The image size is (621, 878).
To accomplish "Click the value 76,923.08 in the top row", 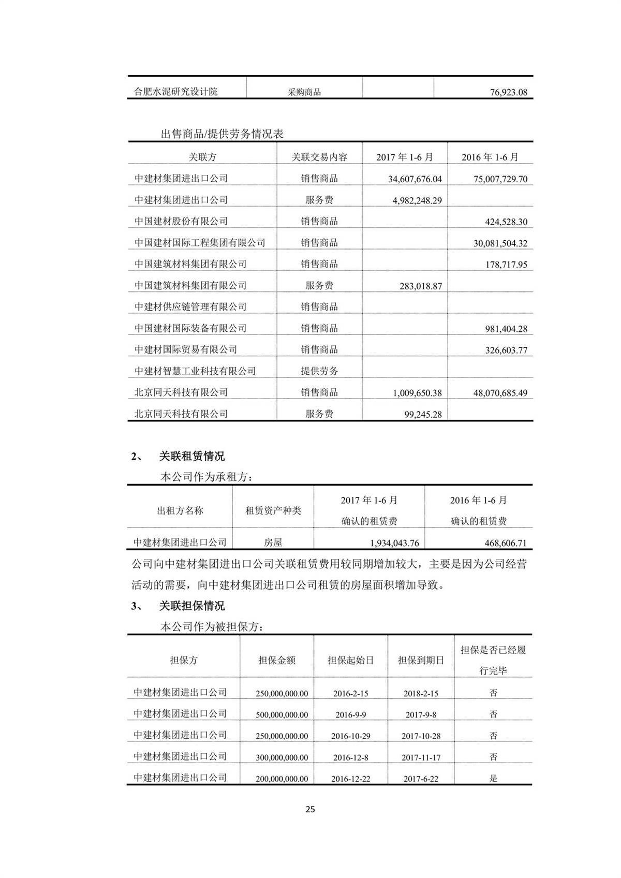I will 508,93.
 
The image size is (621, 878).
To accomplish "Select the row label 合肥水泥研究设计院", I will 176,92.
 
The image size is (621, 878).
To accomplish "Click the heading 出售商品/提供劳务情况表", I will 222,134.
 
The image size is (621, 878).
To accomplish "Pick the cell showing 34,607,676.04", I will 415,179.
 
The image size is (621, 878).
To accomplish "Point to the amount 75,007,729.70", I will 500,179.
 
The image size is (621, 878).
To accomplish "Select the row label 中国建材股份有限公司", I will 181,221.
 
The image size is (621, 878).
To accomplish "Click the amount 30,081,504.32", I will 500,243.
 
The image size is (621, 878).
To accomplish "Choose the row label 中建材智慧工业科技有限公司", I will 195,371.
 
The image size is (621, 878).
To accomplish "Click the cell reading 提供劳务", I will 319,371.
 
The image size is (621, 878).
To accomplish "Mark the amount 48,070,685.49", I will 500,393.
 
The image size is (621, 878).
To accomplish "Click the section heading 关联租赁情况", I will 191,457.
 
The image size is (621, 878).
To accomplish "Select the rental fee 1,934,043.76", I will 394,543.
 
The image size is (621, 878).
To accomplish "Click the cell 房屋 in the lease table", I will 273,543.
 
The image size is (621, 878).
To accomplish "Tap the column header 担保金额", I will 277,661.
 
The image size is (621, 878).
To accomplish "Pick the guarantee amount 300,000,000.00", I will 282,757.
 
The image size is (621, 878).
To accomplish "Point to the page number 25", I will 310,809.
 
